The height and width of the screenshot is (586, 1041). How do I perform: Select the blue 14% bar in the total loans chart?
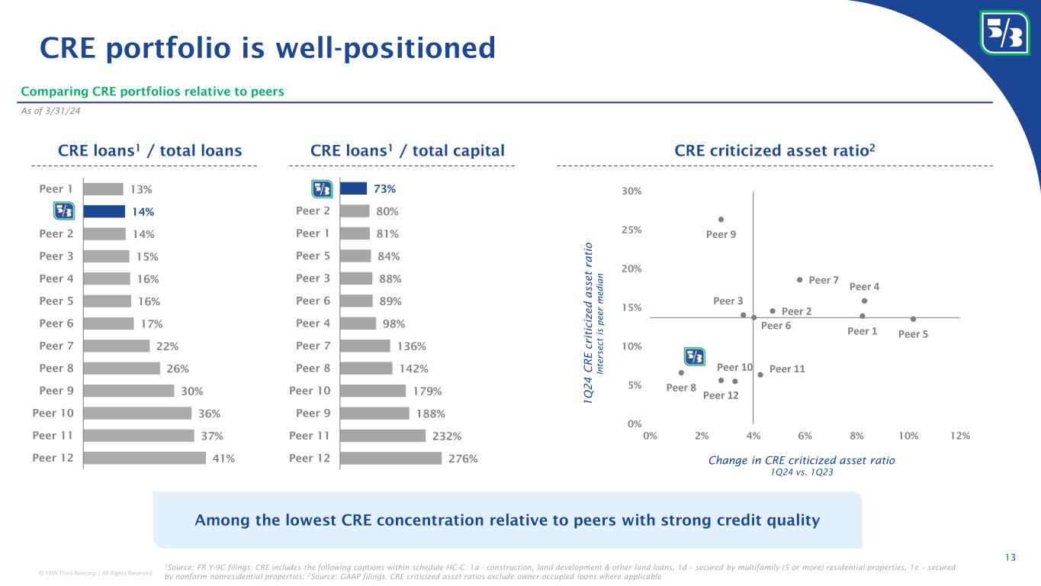click(x=104, y=211)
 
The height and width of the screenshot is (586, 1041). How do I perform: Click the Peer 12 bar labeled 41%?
click(x=144, y=458)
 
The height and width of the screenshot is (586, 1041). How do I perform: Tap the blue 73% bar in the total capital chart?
click(x=354, y=188)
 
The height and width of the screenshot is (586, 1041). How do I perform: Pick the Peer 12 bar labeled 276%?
click(x=390, y=459)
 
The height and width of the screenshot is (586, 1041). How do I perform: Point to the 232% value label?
click(x=446, y=436)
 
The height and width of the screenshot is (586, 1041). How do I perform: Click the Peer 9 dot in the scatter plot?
click(x=721, y=220)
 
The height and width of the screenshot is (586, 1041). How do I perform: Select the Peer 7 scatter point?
click(x=799, y=280)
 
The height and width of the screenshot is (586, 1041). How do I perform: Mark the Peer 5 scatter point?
click(x=913, y=319)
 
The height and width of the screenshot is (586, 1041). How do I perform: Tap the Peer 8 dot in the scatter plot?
click(x=681, y=373)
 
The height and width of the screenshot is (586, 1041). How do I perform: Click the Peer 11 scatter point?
click(x=760, y=375)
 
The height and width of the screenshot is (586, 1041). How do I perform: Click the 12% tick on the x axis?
click(x=960, y=436)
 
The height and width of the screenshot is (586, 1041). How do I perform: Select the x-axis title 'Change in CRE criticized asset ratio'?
click(x=802, y=460)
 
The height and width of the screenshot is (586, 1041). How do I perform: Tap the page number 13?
click(x=1010, y=559)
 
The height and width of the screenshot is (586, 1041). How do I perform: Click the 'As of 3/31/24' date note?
click(x=50, y=111)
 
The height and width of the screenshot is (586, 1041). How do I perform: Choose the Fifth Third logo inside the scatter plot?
click(x=694, y=356)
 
